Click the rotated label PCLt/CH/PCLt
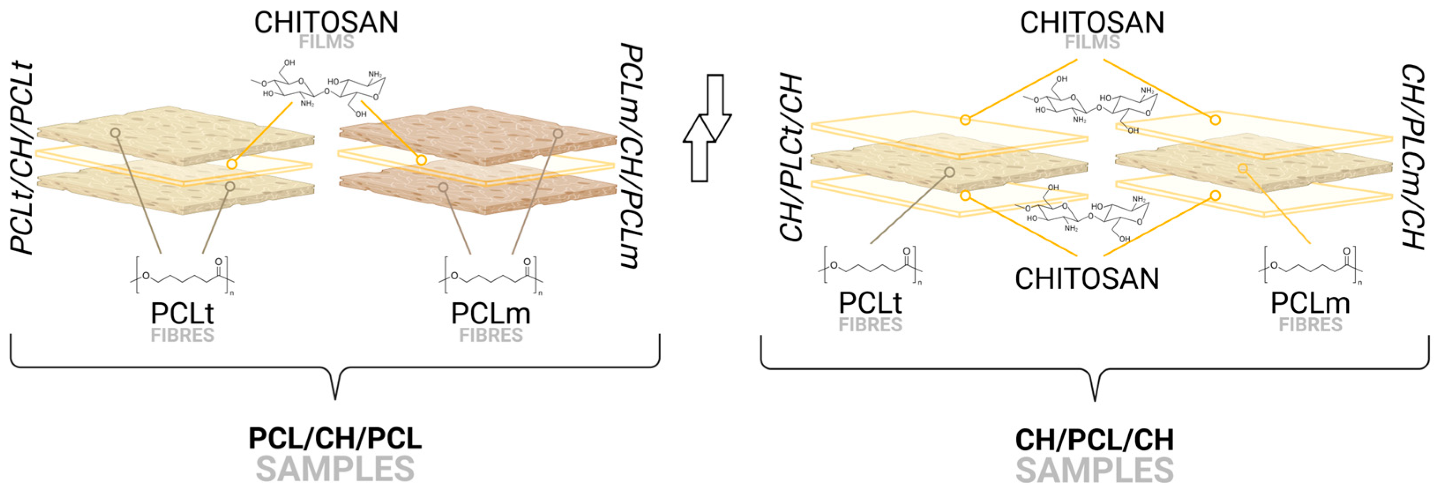(22, 159)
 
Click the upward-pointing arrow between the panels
(699, 148)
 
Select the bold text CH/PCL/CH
(1094, 440)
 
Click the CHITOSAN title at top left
(326, 22)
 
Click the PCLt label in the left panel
(182, 313)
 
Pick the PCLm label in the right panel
(1310, 303)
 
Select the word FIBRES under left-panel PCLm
(491, 335)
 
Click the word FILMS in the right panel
(1092, 42)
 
